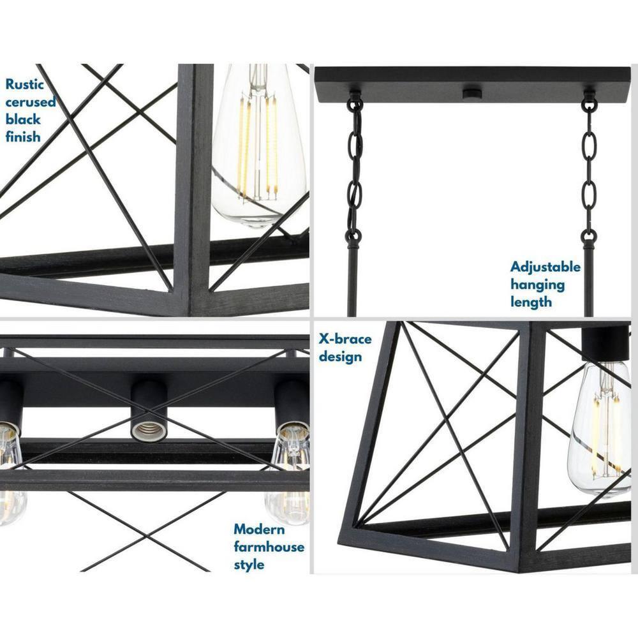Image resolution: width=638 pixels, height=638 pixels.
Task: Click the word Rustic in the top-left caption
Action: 25,84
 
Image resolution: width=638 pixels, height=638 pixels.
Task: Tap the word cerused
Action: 31,101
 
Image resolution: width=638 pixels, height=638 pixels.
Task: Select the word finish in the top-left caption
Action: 23,137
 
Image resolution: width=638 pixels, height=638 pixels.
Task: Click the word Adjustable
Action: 545,267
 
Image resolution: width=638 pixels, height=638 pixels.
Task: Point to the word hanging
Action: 537,285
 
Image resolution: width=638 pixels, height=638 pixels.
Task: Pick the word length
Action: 531,302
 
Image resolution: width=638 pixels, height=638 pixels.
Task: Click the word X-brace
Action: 345,339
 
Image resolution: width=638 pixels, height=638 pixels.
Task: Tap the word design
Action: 340,356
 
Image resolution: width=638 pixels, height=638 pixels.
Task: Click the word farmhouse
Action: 269,547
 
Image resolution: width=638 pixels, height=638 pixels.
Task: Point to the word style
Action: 249,565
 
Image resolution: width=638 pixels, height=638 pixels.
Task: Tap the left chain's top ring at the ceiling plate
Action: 355,102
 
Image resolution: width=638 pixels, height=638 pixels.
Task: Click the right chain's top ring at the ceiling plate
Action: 589,102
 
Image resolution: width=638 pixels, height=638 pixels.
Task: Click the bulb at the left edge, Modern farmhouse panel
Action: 10,472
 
